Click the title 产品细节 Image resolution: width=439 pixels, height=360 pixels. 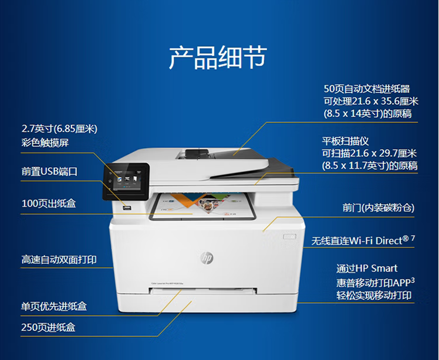click(x=218, y=58)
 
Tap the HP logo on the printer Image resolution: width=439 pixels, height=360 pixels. click(x=207, y=257)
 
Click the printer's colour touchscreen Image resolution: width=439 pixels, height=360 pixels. click(x=126, y=181)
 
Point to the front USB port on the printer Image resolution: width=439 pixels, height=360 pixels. click(x=127, y=208)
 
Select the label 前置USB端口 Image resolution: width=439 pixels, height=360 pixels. click(x=49, y=171)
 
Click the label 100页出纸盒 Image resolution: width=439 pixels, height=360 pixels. click(x=49, y=203)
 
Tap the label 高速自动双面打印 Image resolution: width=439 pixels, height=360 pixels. click(x=59, y=260)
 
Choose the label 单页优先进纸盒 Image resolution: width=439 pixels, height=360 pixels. click(x=54, y=306)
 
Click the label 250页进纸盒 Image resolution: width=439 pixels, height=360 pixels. click(x=48, y=327)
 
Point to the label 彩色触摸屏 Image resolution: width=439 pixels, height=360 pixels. click(x=45, y=142)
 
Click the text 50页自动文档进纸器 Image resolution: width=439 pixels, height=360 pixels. click(x=367, y=89)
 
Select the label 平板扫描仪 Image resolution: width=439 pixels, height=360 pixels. click(x=345, y=141)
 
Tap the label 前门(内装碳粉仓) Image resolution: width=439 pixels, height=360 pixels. click(x=378, y=208)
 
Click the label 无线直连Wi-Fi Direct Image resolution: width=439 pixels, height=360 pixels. click(x=360, y=240)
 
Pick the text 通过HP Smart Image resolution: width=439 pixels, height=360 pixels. click(x=367, y=269)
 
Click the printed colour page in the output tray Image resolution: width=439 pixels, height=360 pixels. click(x=202, y=206)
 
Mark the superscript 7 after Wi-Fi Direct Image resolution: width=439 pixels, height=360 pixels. click(x=413, y=238)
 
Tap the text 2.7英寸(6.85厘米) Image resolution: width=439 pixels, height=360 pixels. click(x=59, y=129)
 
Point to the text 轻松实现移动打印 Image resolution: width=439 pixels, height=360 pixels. click(x=374, y=296)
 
